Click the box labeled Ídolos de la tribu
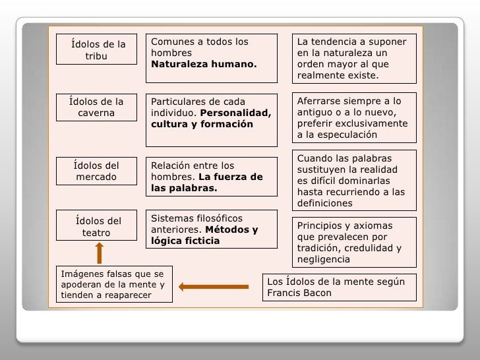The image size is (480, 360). pyautogui.click(x=98, y=49)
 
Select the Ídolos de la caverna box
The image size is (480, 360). pyautogui.click(x=96, y=107)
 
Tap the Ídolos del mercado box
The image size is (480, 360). pyautogui.click(x=96, y=171)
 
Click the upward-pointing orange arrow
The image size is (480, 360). pyautogui.click(x=100, y=252)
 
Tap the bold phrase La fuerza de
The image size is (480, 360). pyautogui.click(x=230, y=177)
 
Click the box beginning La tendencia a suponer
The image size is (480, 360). pyautogui.click(x=355, y=59)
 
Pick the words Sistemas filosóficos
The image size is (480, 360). pyautogui.click(x=197, y=218)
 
